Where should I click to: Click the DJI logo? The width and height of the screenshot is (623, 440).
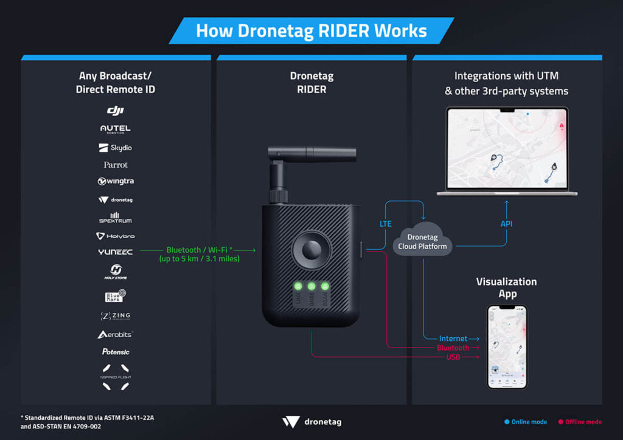pyautogui.click(x=116, y=110)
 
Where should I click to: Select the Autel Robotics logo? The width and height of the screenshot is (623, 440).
pyautogui.click(x=116, y=129)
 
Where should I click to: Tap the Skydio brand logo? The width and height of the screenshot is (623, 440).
pyautogui.click(x=116, y=148)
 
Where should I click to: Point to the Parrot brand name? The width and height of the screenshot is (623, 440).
pyautogui.click(x=116, y=165)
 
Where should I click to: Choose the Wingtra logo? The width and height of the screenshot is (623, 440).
pyautogui.click(x=116, y=181)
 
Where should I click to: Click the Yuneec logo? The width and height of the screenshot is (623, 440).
pyautogui.click(x=116, y=252)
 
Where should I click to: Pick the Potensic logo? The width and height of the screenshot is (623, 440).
pyautogui.click(x=116, y=352)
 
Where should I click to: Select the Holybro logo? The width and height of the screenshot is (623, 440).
pyautogui.click(x=116, y=236)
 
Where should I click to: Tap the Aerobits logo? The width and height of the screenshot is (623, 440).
pyautogui.click(x=116, y=334)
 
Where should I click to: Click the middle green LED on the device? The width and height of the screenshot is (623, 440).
pyautogui.click(x=311, y=286)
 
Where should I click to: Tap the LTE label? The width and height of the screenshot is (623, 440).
pyautogui.click(x=386, y=224)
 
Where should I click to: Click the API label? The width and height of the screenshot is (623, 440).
pyautogui.click(x=506, y=224)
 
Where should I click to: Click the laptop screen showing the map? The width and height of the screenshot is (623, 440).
pyautogui.click(x=506, y=148)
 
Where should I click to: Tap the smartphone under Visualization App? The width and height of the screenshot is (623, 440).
pyautogui.click(x=507, y=346)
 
